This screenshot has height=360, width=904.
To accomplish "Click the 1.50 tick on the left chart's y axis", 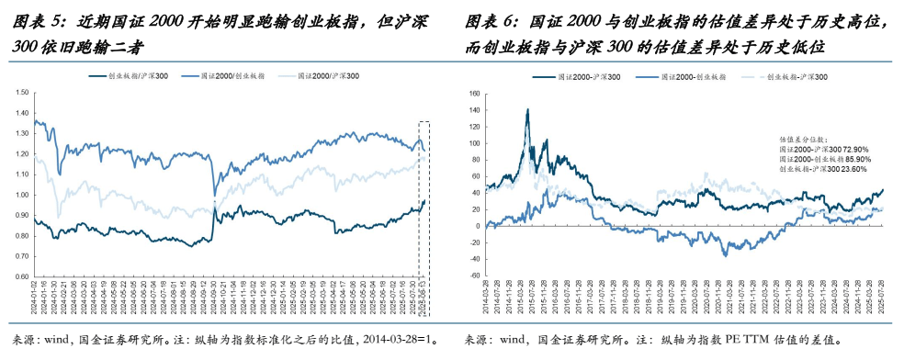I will pyautogui.click(x=20, y=92).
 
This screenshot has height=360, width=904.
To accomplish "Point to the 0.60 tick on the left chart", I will pyautogui.click(x=20, y=275).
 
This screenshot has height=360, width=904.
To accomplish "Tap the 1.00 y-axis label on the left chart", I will pyautogui.click(x=20, y=194).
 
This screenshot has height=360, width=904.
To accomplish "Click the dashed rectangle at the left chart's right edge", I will pyautogui.click(x=424, y=197).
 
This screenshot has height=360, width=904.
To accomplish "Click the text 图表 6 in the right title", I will pyautogui.click(x=489, y=21).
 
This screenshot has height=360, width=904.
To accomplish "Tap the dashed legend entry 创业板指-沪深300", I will pyautogui.click(x=797, y=78).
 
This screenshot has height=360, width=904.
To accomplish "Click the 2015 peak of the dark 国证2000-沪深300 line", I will pyautogui.click(x=527, y=109).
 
